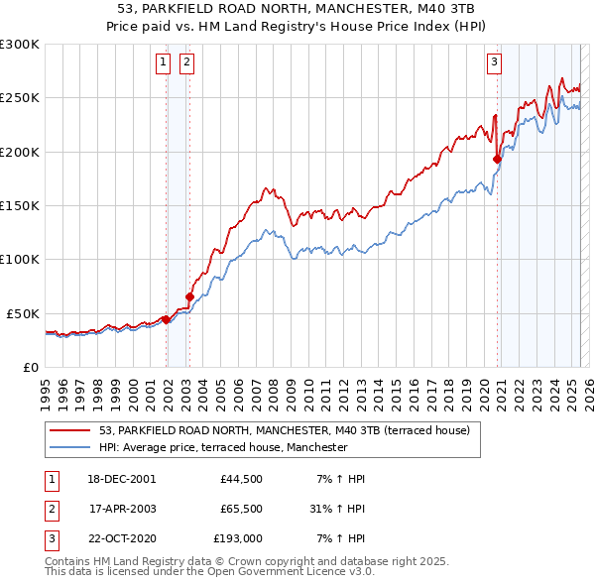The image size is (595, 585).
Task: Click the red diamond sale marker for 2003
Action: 189,295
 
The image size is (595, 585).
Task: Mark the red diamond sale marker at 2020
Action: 497,159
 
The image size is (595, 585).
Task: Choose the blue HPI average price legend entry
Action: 223,447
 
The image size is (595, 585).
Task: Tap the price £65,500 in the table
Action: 240,510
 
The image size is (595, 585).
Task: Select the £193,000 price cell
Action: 237,540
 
